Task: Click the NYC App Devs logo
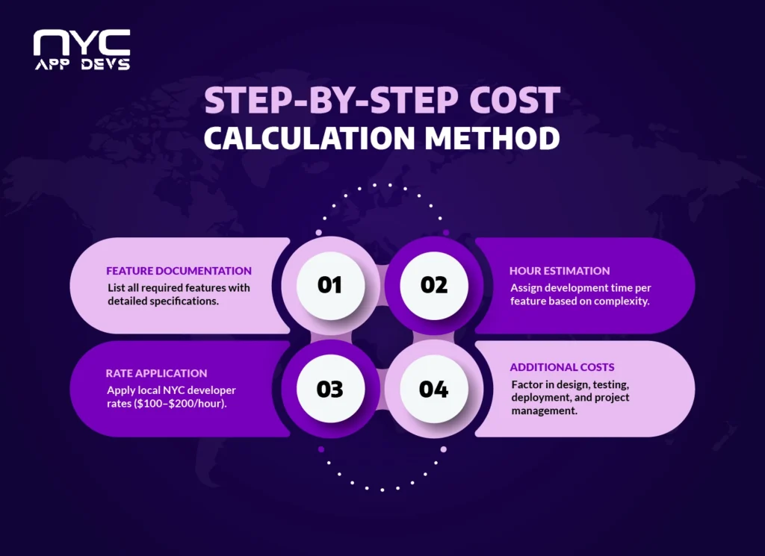point(81,50)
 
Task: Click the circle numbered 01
point(329,285)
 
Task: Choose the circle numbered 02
point(433,285)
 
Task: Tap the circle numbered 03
point(329,389)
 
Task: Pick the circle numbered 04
point(433,389)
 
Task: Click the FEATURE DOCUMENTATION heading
point(179,271)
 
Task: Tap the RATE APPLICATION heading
point(156,373)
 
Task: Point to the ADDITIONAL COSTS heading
point(562,367)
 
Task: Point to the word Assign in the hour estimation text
point(526,287)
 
